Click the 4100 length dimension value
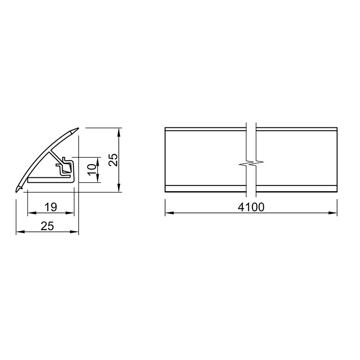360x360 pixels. point(252,207)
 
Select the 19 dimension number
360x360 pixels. point(51,207)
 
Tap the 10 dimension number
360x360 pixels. point(91,169)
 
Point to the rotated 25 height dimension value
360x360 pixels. point(113,160)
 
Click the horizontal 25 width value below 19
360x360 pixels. point(47,226)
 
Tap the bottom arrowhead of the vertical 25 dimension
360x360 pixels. point(119,189)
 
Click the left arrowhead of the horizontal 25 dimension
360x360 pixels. point(19,232)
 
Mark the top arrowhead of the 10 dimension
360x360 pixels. point(98,160)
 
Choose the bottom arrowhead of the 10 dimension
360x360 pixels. point(98,180)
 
